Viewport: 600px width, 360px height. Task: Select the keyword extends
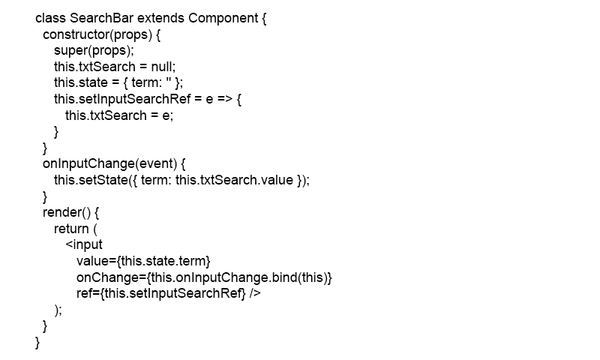click(160, 18)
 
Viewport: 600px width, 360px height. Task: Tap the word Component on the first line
click(223, 18)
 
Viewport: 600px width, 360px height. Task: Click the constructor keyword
click(76, 34)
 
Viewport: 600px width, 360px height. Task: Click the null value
click(162, 67)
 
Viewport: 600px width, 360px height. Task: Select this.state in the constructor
click(81, 82)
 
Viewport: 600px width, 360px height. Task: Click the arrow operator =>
click(225, 99)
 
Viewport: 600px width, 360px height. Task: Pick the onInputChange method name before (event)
click(88, 163)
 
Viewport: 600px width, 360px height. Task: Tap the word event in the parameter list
click(156, 163)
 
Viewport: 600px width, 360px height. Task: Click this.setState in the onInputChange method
click(91, 180)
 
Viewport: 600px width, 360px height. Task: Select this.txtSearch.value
click(234, 180)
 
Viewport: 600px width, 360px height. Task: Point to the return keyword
click(71, 229)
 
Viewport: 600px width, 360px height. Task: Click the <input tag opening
click(84, 244)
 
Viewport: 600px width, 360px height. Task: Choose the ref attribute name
click(84, 293)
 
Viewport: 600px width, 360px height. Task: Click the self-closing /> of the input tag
click(255, 293)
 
